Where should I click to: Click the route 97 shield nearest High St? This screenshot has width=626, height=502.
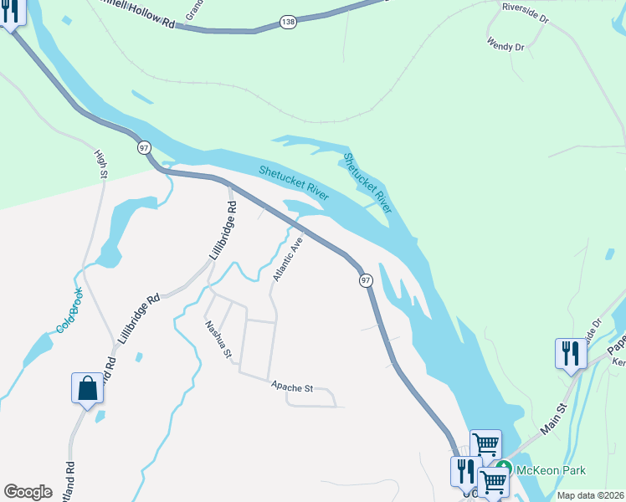(145, 147)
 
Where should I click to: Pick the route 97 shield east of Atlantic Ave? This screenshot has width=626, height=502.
(366, 280)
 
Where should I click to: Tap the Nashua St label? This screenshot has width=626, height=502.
(218, 340)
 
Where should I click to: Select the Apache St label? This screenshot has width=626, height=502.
(291, 388)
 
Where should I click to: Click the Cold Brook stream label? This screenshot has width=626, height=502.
(69, 310)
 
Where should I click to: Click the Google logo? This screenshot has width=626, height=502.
(28, 491)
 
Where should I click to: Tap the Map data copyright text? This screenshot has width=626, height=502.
(589, 495)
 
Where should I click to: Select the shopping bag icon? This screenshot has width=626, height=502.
(87, 389)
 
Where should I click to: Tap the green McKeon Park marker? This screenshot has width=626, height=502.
(503, 467)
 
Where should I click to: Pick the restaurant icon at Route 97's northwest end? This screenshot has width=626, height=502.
(11, 13)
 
